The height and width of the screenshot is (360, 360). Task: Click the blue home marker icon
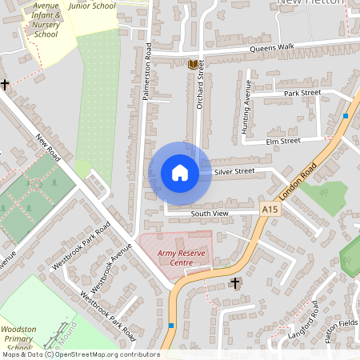coord(179,173)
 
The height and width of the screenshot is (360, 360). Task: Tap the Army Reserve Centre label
coord(175,258)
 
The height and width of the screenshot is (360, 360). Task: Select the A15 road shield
coord(270,209)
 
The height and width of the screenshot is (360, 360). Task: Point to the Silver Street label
coord(234,171)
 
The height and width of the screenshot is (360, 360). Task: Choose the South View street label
coord(210,214)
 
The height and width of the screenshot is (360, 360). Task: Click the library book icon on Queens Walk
coord(193,63)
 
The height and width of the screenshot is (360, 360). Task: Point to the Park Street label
coord(302,93)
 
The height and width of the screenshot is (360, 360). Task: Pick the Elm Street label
coord(283,141)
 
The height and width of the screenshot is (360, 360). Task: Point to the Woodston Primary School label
coord(18,338)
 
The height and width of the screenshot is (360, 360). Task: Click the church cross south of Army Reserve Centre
coord(235,282)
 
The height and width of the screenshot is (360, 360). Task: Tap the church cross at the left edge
coord(4,84)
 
